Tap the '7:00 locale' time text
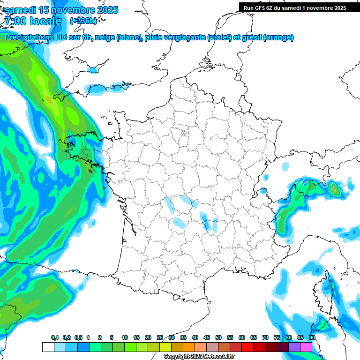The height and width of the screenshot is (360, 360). point(32,21)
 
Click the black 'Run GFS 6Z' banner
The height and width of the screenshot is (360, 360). point(293,7)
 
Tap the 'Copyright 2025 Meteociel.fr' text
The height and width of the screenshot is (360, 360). point(199,357)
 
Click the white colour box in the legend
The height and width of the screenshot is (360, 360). point(48,347)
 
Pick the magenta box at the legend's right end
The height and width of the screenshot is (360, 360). point(306,347)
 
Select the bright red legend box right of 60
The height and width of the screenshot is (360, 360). point(247,347)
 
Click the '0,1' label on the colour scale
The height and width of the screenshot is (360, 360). point(54,338)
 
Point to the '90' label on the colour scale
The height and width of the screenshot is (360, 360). point(312,338)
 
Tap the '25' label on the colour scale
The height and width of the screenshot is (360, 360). point(160,338)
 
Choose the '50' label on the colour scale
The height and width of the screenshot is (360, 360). point(218,338)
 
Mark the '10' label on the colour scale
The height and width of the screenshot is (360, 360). point(125,338)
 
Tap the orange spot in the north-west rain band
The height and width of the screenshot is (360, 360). point(48,100)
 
